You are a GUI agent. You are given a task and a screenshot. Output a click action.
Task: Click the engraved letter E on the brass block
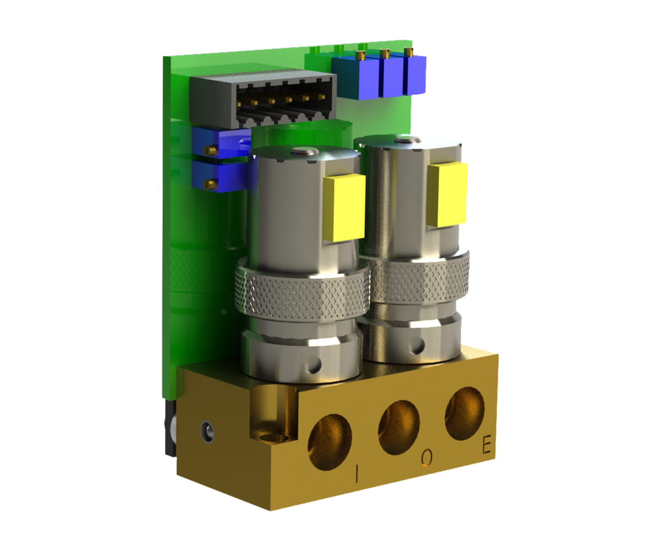pyautogui.click(x=487, y=445)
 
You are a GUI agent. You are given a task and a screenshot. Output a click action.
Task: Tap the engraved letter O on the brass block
pyautogui.click(x=427, y=458)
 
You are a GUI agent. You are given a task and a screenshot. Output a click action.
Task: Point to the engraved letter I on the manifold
pyautogui.click(x=357, y=473)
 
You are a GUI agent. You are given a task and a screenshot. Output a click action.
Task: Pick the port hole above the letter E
pyautogui.click(x=464, y=413)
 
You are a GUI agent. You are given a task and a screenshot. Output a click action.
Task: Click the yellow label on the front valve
pyautogui.click(x=344, y=207)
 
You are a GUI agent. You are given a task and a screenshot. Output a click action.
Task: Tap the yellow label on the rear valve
pyautogui.click(x=447, y=194)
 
